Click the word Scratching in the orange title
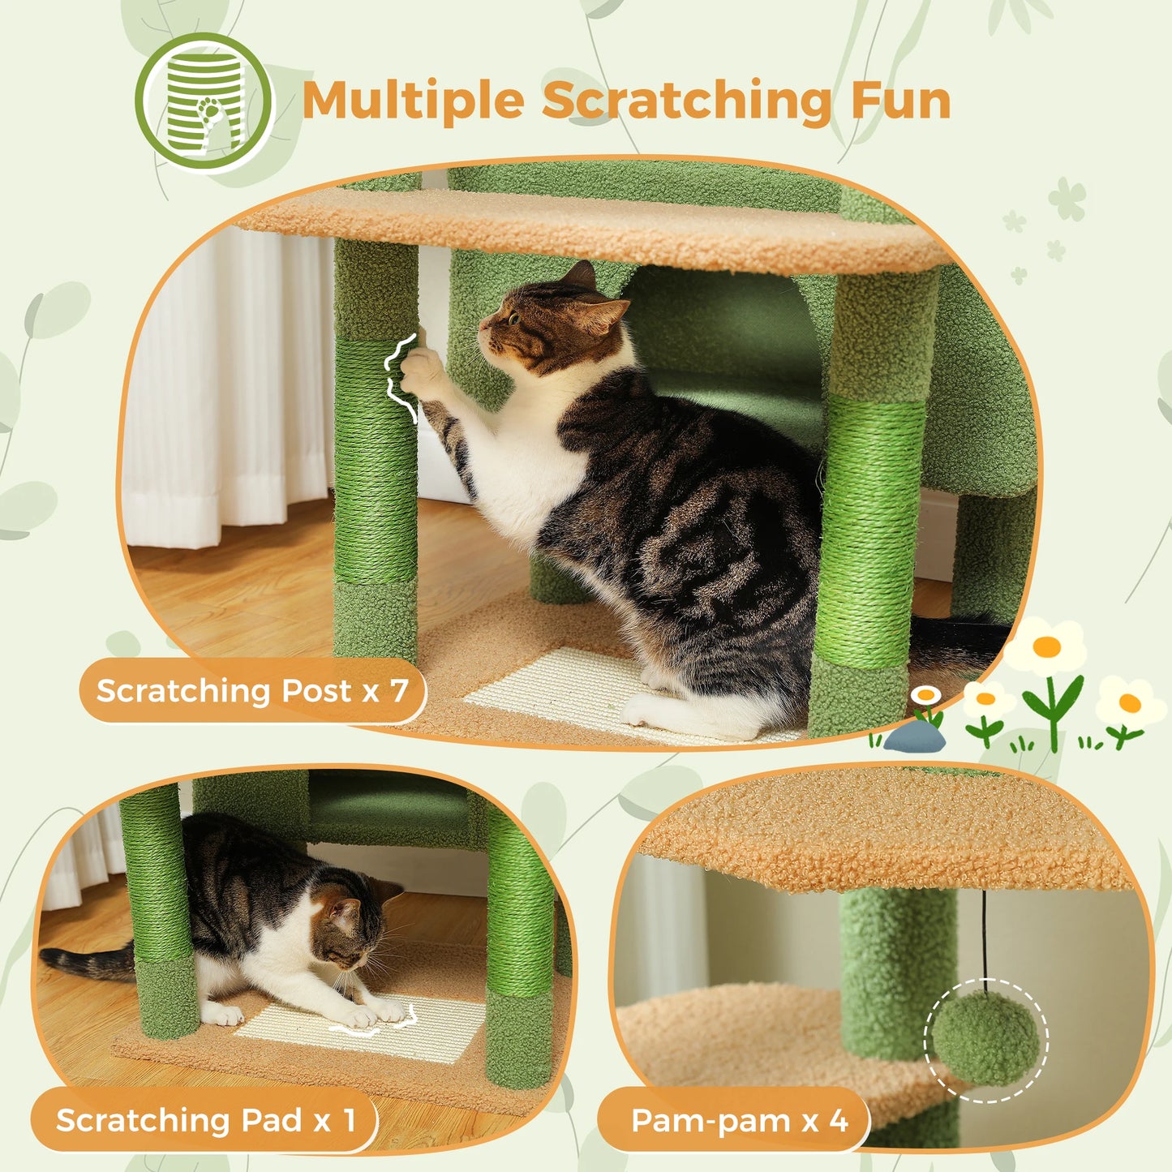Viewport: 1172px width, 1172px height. [x=686, y=102]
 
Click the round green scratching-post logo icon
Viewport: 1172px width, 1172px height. [x=204, y=103]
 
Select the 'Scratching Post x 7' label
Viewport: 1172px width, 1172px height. [x=251, y=691]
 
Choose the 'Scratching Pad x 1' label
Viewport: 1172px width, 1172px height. [x=205, y=1121]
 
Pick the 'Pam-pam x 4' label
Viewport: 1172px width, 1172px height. [x=738, y=1121]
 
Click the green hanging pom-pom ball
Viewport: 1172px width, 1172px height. [x=985, y=1039]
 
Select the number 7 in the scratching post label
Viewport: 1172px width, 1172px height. [x=398, y=691]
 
